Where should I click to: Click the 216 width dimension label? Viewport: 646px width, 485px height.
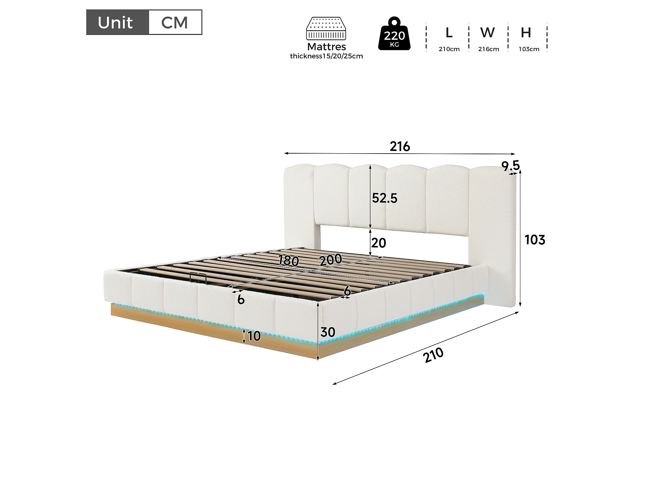tap(400, 146)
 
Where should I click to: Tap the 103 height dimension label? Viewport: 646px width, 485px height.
tap(535, 240)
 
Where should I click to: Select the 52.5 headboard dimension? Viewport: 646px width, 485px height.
tap(384, 198)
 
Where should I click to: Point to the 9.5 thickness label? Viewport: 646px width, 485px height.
tap(511, 166)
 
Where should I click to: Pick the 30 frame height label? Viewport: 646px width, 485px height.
tap(328, 332)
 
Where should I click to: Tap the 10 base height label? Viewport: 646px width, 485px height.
tap(254, 336)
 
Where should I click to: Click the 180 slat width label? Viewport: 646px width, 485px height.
tap(288, 260)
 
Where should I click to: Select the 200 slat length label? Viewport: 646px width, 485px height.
tap(331, 259)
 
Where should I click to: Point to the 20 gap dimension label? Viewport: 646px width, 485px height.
tap(379, 243)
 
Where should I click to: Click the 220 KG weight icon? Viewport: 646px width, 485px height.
tap(394, 34)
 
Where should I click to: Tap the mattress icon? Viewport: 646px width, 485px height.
tap(326, 28)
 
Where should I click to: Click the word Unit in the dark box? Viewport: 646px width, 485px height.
tap(115, 23)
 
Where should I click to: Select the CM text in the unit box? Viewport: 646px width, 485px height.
tap(174, 23)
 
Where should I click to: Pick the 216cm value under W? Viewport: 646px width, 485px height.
tap(489, 49)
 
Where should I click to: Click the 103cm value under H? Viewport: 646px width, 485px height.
tap(529, 49)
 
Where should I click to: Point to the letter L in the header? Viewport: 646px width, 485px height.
tap(449, 33)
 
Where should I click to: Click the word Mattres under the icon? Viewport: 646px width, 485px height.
tap(327, 47)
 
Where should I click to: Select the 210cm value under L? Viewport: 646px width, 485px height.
tap(449, 49)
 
